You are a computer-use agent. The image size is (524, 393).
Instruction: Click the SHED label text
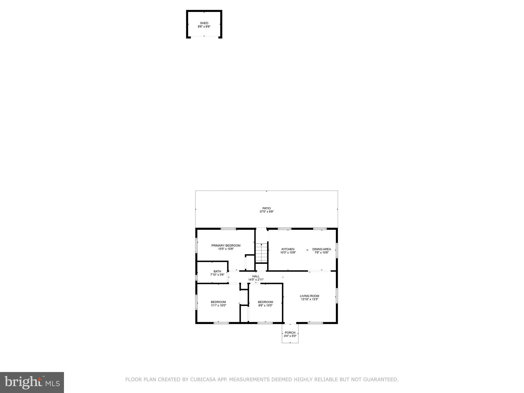tap(204, 23)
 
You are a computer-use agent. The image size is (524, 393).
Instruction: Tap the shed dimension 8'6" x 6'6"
tap(204, 27)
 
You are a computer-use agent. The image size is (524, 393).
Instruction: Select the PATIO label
tap(266, 208)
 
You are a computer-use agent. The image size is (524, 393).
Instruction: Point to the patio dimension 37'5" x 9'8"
tap(266, 212)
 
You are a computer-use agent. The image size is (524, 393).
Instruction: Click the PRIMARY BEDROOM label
tap(226, 246)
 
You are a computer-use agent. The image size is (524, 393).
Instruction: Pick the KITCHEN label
tap(288, 249)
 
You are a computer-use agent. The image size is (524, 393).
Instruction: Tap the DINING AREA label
tap(321, 249)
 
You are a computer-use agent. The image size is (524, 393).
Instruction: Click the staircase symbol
tap(261, 253)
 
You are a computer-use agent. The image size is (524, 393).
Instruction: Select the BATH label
tap(217, 271)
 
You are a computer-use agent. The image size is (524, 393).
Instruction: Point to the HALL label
tap(256, 276)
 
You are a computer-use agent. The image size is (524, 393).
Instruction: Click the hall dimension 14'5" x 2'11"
tap(256, 280)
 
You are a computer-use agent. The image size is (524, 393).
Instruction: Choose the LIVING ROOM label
tap(309, 296)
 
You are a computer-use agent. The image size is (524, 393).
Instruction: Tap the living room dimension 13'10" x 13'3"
tap(309, 299)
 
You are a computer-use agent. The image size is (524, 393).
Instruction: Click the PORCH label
tap(290, 333)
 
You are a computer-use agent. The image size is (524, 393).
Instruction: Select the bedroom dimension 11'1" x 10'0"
tap(218, 305)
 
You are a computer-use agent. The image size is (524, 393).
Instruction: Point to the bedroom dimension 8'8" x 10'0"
tap(265, 305)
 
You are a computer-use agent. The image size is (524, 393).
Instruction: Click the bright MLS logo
tap(32, 382)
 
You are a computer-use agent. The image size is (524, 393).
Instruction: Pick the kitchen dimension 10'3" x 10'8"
tap(288, 253)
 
